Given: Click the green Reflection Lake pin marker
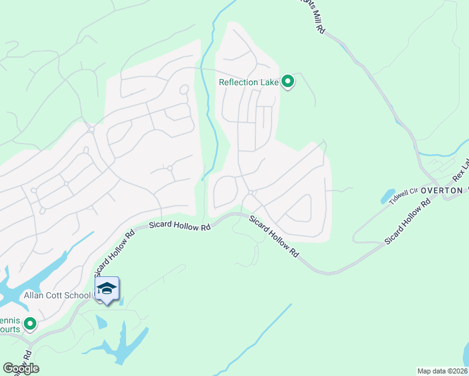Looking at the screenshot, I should click(288, 81).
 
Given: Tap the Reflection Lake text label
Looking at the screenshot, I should click(248, 82).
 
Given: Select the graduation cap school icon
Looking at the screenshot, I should click(107, 288).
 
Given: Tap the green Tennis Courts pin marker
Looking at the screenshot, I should click(29, 324).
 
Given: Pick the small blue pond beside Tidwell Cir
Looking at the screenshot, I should click(387, 196).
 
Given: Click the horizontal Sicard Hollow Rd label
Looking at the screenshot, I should click(179, 226).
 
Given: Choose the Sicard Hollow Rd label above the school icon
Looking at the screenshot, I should click(115, 254).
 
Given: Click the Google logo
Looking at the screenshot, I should click(21, 368).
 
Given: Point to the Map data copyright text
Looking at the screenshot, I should click(442, 371).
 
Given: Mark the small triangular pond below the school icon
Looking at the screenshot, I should click(101, 321).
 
